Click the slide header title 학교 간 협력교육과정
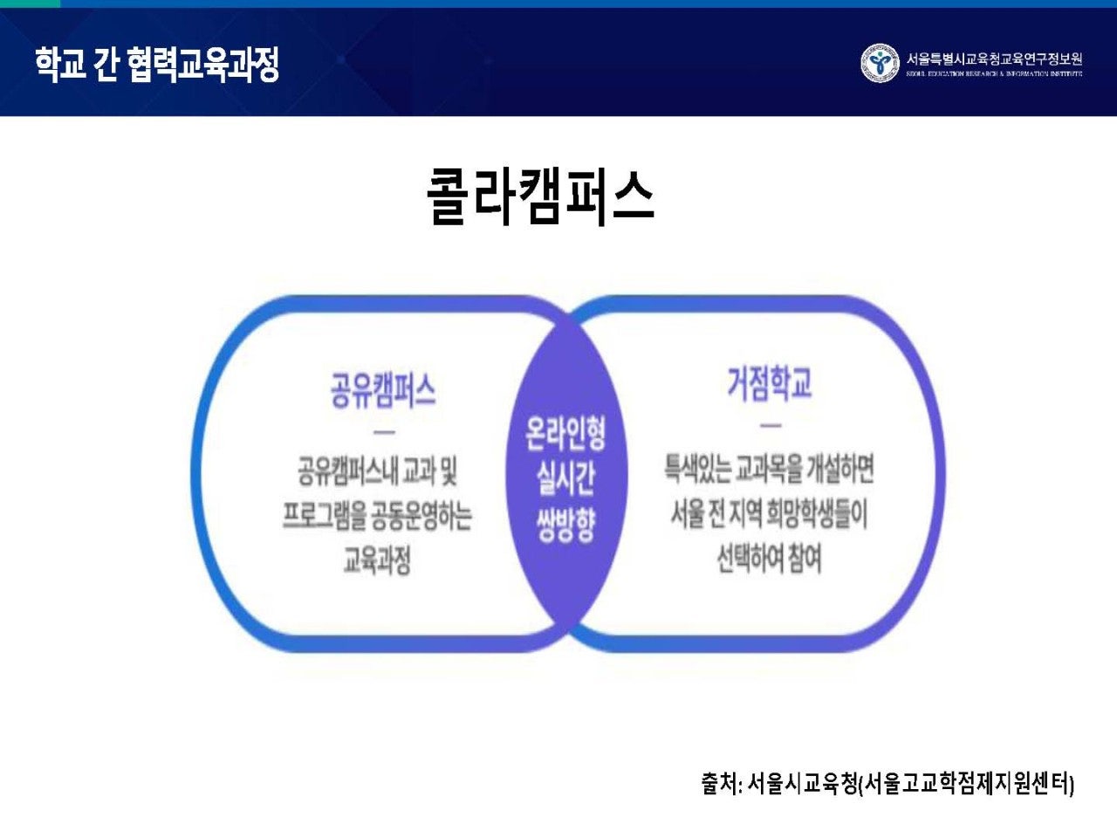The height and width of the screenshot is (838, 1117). (157, 65)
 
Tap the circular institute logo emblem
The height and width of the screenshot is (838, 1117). (880, 64)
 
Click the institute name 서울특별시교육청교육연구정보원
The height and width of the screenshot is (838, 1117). (994, 58)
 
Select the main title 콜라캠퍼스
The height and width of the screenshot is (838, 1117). (540, 196)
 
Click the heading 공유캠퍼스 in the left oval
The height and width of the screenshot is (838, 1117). (383, 389)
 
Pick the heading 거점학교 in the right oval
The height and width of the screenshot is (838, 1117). (770, 383)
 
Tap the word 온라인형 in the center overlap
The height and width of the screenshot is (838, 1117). (565, 433)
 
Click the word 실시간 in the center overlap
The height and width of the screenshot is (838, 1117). (565, 479)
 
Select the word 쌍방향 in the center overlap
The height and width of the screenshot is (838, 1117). (565, 525)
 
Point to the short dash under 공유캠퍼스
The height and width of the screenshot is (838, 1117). (383, 432)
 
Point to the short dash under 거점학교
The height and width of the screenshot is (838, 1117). (770, 426)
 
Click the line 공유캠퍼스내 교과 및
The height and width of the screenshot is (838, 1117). (377, 472)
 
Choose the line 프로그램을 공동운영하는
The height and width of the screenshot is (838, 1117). (377, 516)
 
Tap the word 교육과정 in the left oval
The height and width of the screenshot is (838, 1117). (377, 560)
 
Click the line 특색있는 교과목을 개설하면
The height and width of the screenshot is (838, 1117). (770, 469)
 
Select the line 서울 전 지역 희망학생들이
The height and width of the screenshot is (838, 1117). (770, 513)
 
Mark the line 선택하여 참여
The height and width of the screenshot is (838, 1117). (770, 558)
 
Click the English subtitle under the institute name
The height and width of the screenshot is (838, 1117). (994, 74)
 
